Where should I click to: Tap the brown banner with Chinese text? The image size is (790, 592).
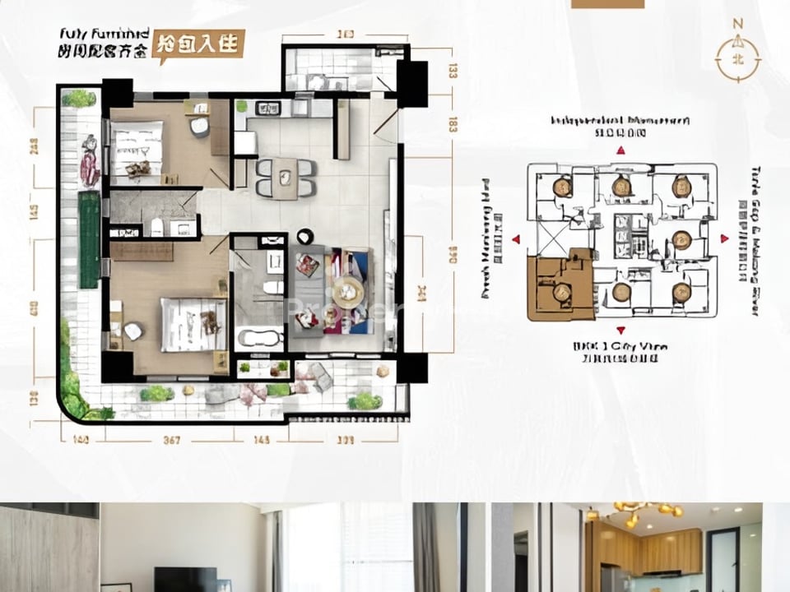pos(200,44)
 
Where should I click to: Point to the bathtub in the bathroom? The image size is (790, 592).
pos(259,337)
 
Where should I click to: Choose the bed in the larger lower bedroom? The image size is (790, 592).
pos(193,324)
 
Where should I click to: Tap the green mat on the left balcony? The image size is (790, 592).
pos(88,239)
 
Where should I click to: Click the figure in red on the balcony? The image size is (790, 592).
pos(90,160)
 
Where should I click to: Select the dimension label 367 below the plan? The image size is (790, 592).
pos(171,440)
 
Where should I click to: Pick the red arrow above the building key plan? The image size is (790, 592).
pos(621,150)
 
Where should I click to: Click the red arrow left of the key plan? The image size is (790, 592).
pos(516,239)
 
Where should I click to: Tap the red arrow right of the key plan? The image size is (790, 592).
pos(725,238)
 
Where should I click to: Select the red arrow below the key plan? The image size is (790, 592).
pos(621,330)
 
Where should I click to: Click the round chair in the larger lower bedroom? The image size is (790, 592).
pos(133,331)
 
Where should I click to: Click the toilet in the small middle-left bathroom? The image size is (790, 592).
pos(156,226)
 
